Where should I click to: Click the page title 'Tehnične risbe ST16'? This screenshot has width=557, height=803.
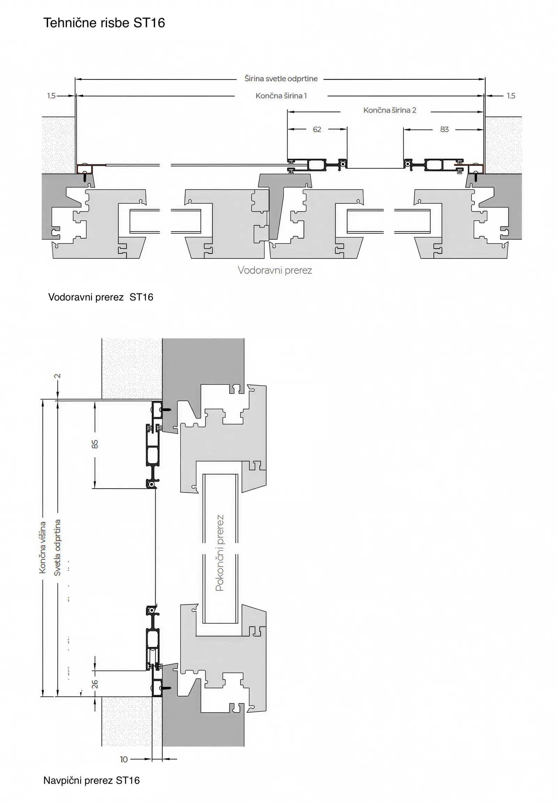pyautogui.click(x=104, y=23)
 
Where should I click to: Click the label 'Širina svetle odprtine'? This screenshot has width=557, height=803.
pyautogui.click(x=281, y=79)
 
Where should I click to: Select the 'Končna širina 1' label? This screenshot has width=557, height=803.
pyautogui.click(x=281, y=96)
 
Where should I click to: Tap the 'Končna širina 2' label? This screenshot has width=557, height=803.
pyautogui.click(x=390, y=110)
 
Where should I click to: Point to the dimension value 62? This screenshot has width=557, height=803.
pyautogui.click(x=317, y=130)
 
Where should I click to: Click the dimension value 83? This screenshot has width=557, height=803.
pyautogui.click(x=444, y=130)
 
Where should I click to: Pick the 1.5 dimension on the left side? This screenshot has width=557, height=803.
pyautogui.click(x=51, y=96)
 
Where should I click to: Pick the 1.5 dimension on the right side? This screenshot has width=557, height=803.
pyautogui.click(x=511, y=96)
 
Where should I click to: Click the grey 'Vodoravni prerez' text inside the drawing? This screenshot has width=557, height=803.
pyautogui.click(x=275, y=270)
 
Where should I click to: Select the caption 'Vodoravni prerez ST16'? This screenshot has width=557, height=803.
pyautogui.click(x=101, y=297)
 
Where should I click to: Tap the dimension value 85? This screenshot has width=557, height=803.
pyautogui.click(x=95, y=444)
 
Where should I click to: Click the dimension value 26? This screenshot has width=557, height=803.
pyautogui.click(x=95, y=684)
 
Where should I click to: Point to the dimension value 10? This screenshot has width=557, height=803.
pyautogui.click(x=124, y=759)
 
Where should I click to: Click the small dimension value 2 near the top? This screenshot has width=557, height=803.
pyautogui.click(x=57, y=376)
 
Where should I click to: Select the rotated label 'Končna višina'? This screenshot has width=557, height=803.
pyautogui.click(x=42, y=547)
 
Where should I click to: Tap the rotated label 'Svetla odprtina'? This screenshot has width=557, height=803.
pyautogui.click(x=57, y=547)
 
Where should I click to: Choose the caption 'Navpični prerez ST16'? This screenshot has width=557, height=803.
pyautogui.click(x=92, y=780)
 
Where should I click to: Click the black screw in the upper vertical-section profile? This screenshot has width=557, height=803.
pyautogui.click(x=167, y=410)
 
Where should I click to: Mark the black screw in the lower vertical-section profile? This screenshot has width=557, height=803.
pyautogui.click(x=167, y=688)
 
